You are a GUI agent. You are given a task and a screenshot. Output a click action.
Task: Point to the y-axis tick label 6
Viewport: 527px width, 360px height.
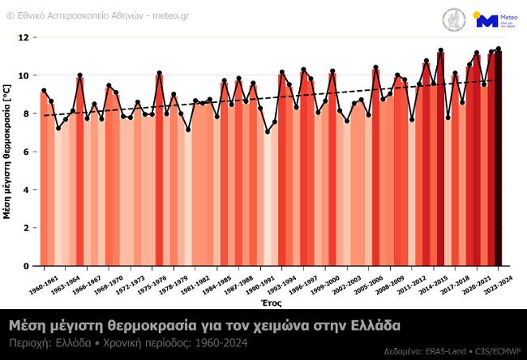[x=25, y=152]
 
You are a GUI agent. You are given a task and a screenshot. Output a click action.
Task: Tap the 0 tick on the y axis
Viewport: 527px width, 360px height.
[x=25, y=266]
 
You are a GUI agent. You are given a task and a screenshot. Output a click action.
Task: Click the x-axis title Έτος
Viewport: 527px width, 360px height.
[x=271, y=301]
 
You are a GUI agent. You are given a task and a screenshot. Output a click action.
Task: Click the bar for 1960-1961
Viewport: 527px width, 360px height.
[x=44, y=178]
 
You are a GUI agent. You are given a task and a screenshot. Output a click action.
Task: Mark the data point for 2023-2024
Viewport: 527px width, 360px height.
[x=499, y=49]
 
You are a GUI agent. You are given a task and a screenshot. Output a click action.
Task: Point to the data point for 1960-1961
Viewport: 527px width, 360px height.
[x=44, y=91]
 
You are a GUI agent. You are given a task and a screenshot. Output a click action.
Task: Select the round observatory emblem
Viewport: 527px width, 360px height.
[x=452, y=20]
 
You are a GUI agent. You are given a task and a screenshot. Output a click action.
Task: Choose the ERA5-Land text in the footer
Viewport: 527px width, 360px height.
[x=443, y=352]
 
